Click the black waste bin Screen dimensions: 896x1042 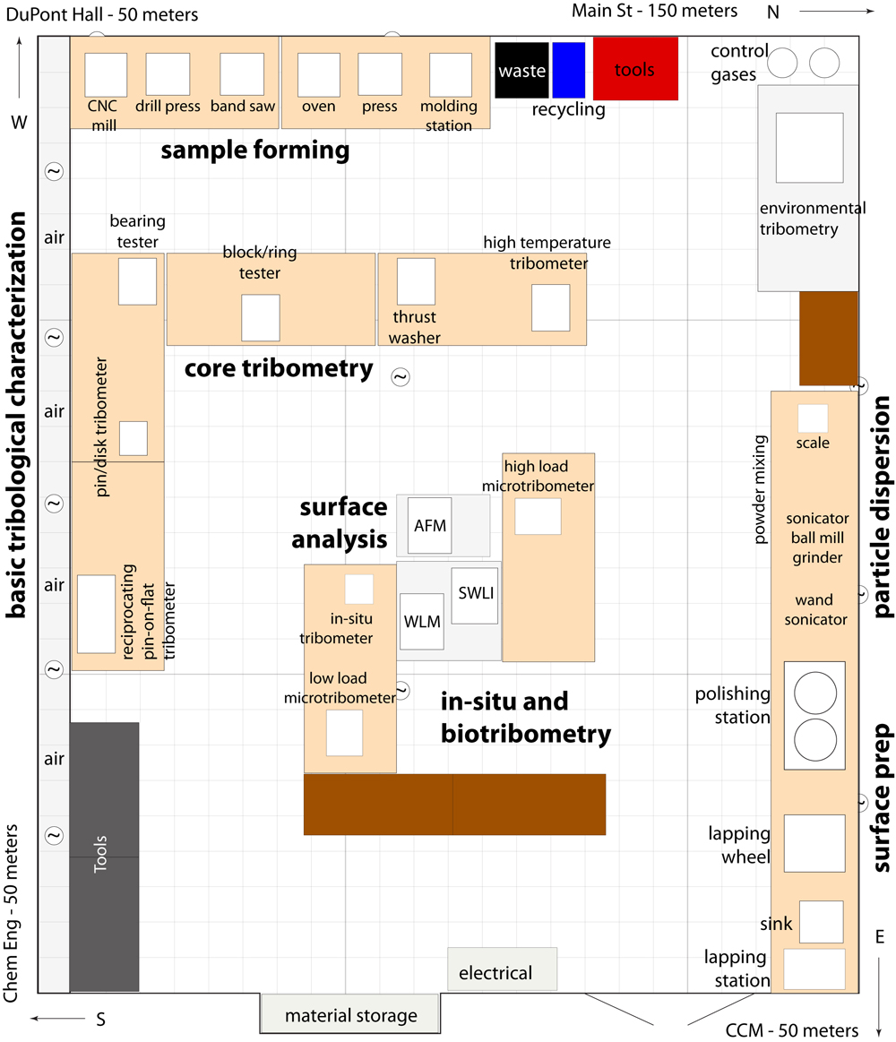[x=521, y=70]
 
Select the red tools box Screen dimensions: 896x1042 [x=635, y=68]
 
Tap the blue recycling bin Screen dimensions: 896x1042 [x=569, y=70]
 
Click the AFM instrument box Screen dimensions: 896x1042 [x=430, y=526]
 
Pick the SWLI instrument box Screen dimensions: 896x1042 [x=475, y=596]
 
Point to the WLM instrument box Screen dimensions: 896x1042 [x=422, y=621]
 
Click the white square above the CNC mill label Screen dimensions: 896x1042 [x=106, y=75]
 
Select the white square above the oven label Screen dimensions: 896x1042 [x=318, y=75]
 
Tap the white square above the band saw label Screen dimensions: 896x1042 [x=242, y=74]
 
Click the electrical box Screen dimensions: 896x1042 [x=502, y=969]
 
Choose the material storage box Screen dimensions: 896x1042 [x=350, y=1013]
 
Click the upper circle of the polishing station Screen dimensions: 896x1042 [x=815, y=693]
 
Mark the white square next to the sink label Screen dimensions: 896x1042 [x=822, y=922]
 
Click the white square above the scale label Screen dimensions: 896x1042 [x=813, y=418]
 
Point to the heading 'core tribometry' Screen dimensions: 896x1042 [x=279, y=368]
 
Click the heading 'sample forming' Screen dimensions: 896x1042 [x=255, y=151]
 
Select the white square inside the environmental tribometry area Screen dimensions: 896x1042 [x=810, y=148]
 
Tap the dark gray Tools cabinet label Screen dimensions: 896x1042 [x=100, y=854]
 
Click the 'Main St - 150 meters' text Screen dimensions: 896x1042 [x=655, y=11]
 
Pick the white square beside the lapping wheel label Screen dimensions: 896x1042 [x=814, y=843]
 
